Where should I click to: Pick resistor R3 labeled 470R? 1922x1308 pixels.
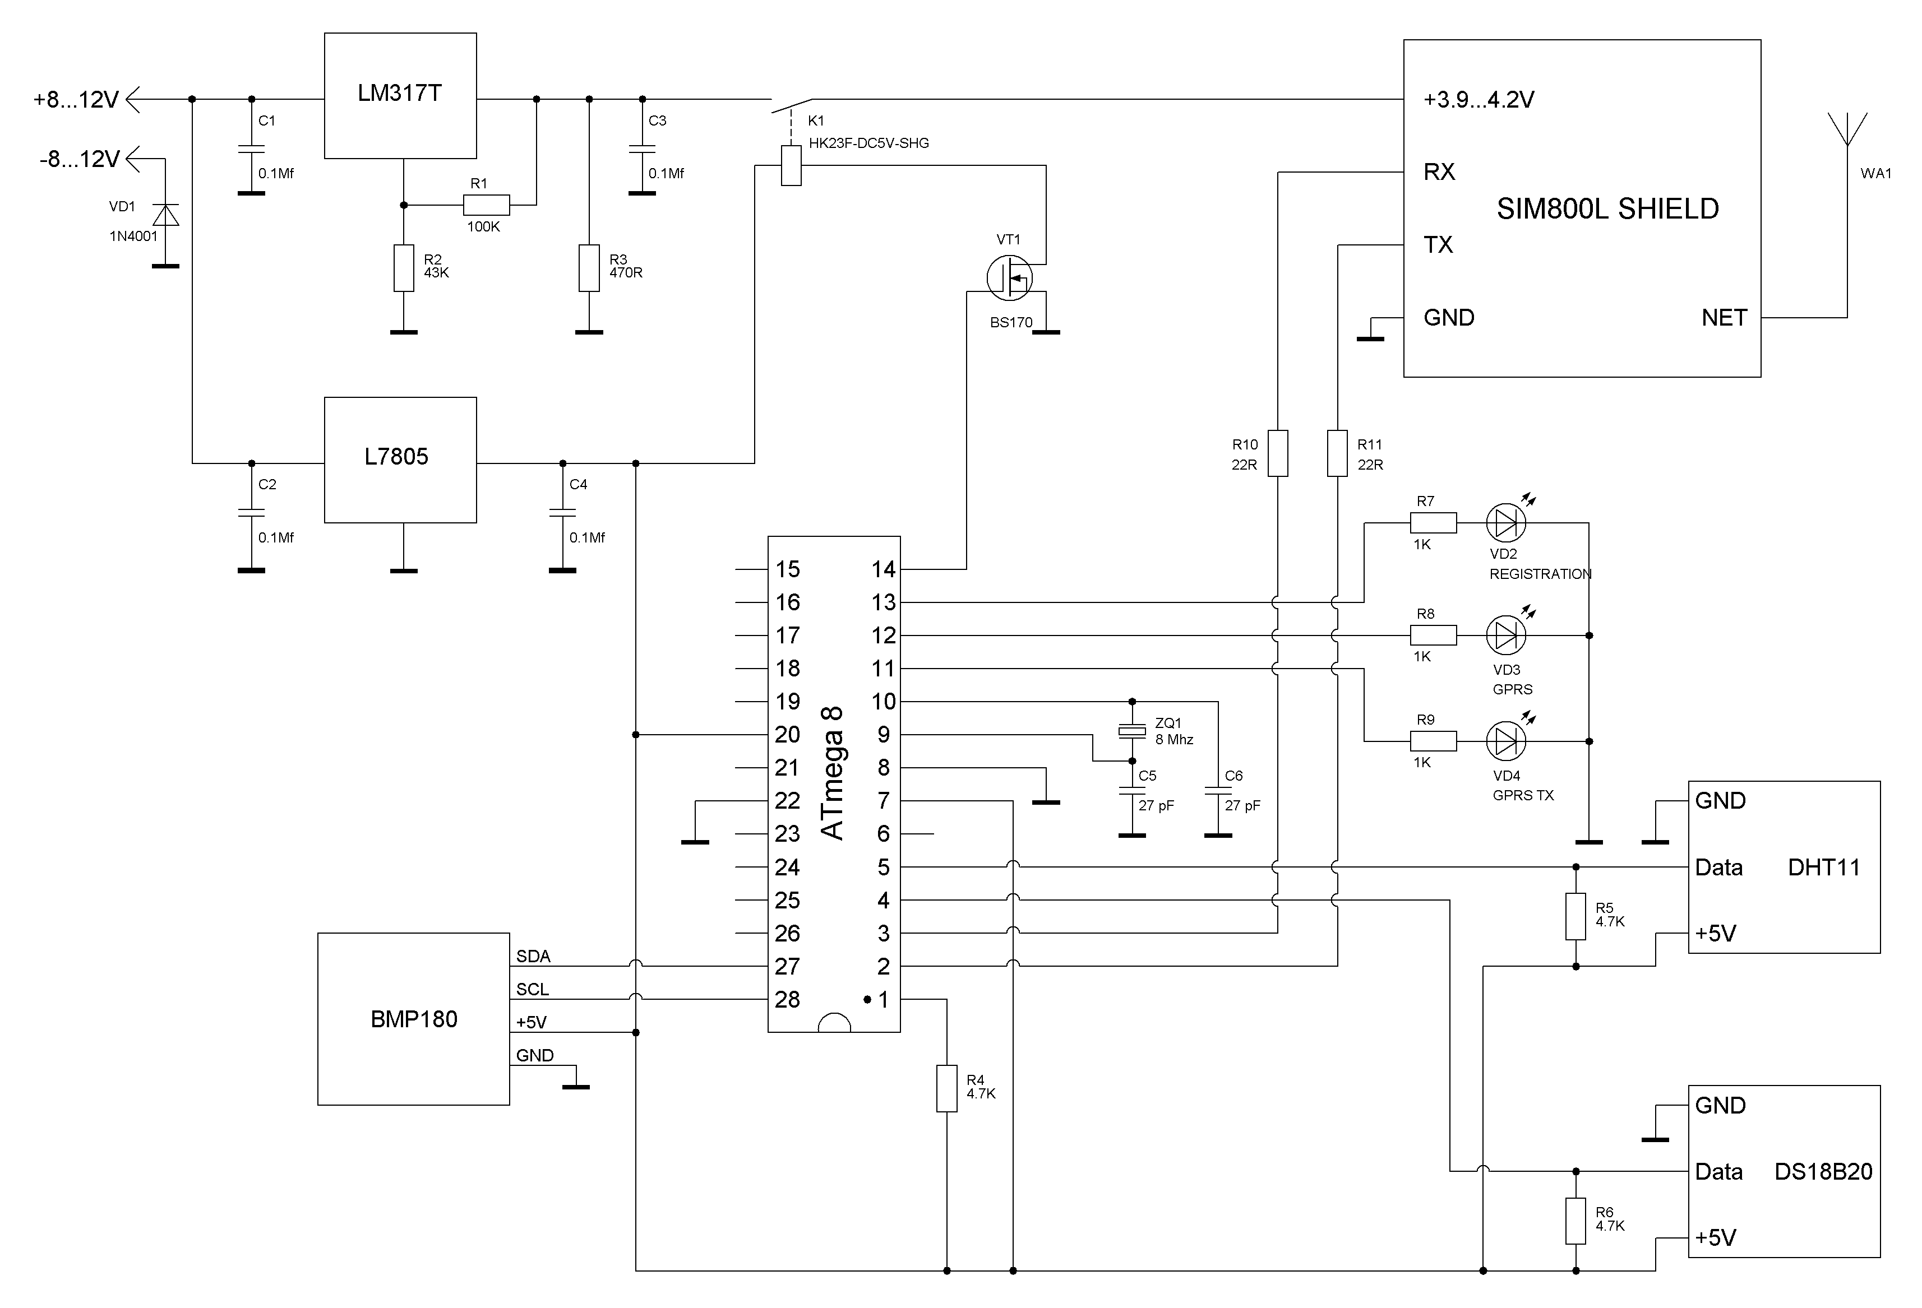coord(589,268)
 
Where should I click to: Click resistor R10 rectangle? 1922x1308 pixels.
coord(1278,453)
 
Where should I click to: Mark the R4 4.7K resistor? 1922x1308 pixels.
coord(947,1088)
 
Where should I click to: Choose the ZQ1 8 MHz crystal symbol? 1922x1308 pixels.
coord(1132,731)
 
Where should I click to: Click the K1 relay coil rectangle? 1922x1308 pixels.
coord(792,165)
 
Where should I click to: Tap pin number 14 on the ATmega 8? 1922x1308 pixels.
coord(883,569)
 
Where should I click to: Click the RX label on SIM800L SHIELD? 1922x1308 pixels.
coord(1439,172)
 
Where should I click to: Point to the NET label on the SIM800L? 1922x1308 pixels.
coord(1724,318)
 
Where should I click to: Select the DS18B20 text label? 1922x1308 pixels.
coord(1823,1172)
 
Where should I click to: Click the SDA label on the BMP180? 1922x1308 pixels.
coord(533,957)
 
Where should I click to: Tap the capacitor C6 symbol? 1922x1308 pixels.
coord(1218,790)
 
